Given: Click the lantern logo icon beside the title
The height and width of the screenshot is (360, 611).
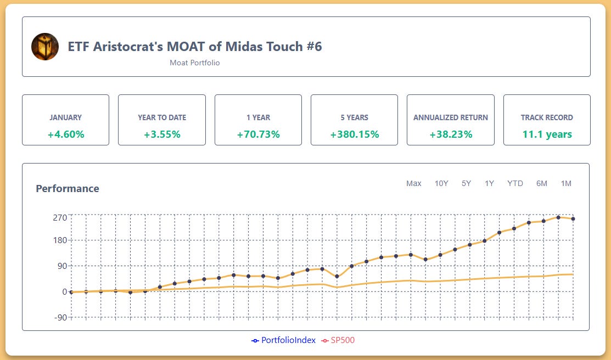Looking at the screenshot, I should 45,47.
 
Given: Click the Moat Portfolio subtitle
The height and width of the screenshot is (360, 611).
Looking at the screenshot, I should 194,63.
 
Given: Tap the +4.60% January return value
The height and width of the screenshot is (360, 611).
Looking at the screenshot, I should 65,134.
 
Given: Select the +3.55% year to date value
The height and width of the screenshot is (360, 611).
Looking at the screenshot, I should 162,134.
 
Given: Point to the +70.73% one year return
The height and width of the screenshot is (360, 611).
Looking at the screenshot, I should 258,134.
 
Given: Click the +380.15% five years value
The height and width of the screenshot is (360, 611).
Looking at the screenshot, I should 354,134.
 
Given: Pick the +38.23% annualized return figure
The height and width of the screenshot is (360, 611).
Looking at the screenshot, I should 450,134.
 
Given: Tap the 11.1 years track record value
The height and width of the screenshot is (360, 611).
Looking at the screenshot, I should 547,134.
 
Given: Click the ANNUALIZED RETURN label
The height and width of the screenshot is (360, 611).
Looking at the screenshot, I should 450,117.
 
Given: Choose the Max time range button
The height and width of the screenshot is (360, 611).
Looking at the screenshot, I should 413,183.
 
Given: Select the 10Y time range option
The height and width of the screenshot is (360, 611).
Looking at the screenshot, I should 441,183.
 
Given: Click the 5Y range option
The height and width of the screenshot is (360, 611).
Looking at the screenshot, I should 466,183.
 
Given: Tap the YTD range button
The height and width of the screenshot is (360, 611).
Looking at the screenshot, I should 515,183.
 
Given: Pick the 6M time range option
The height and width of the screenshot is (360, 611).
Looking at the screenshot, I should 542,183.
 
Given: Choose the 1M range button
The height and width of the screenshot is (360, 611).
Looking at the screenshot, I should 566,183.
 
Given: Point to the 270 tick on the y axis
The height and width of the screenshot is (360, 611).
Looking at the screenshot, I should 60,217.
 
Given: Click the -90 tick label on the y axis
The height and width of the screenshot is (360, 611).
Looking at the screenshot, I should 60,317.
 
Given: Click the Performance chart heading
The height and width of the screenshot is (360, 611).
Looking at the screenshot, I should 68,189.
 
